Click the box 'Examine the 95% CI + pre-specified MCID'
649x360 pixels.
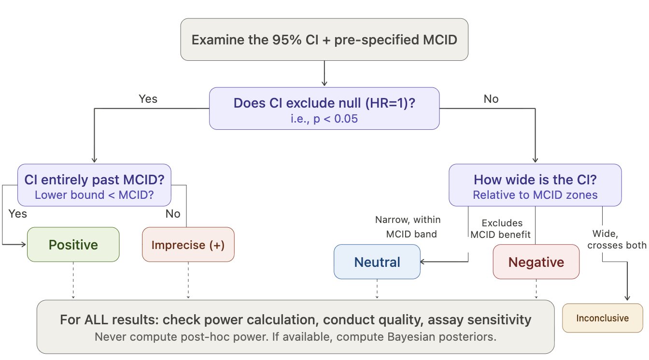324,40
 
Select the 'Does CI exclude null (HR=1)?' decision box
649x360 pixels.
324,108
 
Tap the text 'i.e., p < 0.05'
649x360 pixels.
324,119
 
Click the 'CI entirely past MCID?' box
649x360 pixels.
94,185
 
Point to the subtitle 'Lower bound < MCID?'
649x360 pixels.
94,195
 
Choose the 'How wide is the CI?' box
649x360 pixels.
535,185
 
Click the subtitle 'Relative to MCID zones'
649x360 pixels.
535,195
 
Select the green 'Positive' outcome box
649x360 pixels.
73,245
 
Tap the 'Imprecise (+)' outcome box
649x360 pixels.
188,245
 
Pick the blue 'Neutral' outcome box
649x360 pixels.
377,262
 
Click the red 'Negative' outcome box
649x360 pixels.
536,262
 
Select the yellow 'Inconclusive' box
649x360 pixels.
603,318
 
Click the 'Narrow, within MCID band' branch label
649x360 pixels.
408,227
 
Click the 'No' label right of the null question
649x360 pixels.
491,99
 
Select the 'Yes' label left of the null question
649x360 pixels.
148,99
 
